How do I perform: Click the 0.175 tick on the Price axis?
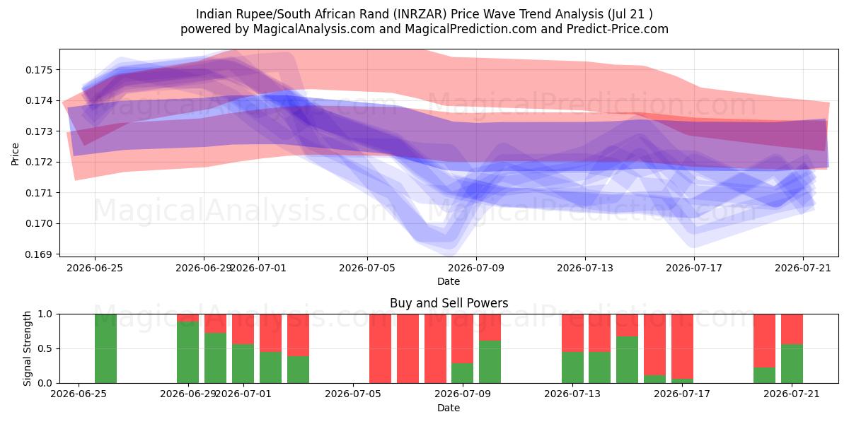point(39,70)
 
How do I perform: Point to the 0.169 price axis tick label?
point(39,254)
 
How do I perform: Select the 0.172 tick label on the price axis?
point(39,163)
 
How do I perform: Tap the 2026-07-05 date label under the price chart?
point(367,269)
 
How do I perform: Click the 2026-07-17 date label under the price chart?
point(694,269)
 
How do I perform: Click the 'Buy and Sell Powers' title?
point(449,303)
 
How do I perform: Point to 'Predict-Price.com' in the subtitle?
point(618,29)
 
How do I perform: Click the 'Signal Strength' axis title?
point(27,348)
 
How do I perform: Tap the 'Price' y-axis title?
point(15,154)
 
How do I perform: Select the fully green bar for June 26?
point(105,348)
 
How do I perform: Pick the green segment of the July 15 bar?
point(628,360)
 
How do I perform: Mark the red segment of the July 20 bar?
point(765,341)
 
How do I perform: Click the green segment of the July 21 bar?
point(792,364)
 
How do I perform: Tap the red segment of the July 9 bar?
point(463,338)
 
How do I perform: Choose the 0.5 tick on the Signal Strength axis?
point(45,348)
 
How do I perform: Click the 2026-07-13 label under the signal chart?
point(572,394)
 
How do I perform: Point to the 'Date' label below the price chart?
point(449,282)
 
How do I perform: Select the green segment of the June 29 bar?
point(188,353)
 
